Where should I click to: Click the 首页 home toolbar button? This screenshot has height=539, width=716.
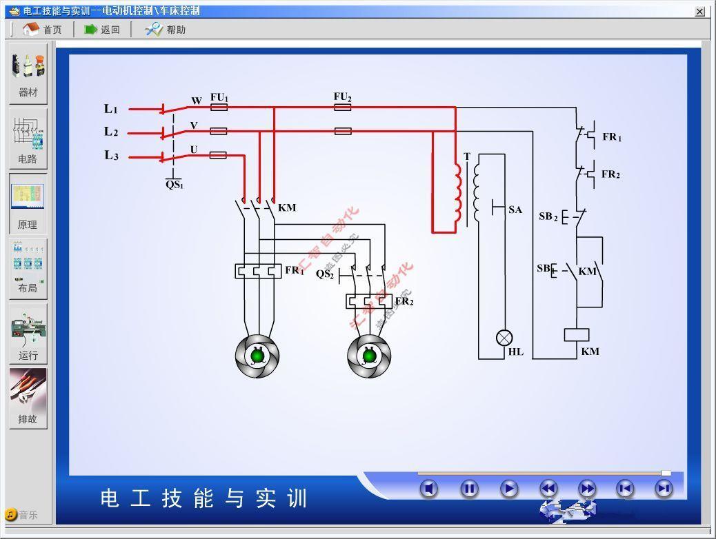click(42, 29)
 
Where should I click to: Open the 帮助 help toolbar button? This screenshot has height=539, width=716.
click(165, 29)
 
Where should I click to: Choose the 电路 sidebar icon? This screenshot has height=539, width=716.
click(28, 138)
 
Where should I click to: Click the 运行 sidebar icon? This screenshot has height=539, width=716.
click(28, 334)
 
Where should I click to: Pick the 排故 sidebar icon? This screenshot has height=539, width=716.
click(28, 398)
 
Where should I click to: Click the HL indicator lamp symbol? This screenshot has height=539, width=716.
click(505, 338)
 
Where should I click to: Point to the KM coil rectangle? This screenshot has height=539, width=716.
click(576, 335)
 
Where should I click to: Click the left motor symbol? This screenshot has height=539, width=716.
click(257, 356)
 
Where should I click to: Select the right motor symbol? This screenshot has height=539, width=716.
click(369, 356)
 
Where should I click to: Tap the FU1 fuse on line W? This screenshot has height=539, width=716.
click(219, 108)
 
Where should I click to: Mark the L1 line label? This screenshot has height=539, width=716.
click(111, 109)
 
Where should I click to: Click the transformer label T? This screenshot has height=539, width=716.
click(467, 157)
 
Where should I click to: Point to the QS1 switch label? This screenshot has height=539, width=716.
click(174, 185)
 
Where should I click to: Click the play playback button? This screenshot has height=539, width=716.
click(509, 489)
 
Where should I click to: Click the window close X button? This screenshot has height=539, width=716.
click(700, 11)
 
